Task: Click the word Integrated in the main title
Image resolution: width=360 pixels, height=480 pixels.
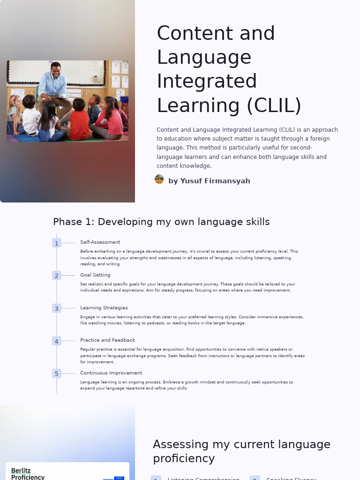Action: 207,82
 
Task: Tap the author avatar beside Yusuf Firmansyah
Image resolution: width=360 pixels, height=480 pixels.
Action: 159,180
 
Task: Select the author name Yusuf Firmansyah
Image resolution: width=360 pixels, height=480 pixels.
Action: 209,181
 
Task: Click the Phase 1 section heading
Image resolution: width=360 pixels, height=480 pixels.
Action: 161,222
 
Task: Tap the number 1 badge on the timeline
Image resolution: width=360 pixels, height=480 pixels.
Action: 57,243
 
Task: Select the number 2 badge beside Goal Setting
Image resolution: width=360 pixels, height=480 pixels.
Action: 57,276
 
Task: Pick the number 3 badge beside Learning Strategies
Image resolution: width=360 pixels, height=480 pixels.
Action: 57,308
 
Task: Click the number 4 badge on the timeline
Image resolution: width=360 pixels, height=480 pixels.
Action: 57,341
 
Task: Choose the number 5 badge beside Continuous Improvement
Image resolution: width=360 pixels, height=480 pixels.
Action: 57,374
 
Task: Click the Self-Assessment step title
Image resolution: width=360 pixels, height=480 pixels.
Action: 100,242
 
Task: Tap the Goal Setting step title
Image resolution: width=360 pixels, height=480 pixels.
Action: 95,275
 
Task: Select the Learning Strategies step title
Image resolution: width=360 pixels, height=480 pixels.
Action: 104,308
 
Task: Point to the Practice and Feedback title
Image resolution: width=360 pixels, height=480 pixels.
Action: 107,340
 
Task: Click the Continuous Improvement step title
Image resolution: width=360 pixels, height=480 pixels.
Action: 111,373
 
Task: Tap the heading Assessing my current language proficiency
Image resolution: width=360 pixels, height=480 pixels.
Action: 241,451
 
